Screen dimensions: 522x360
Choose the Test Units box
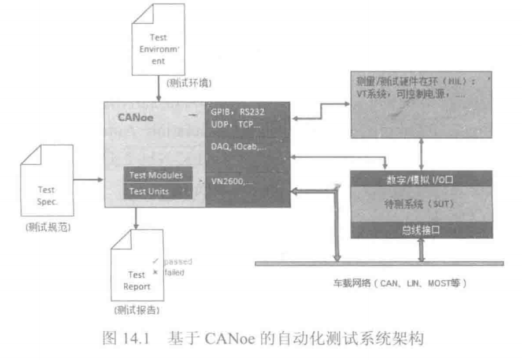[149, 191]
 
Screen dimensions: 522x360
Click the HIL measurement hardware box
[420, 104]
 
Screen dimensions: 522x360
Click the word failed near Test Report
[174, 272]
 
